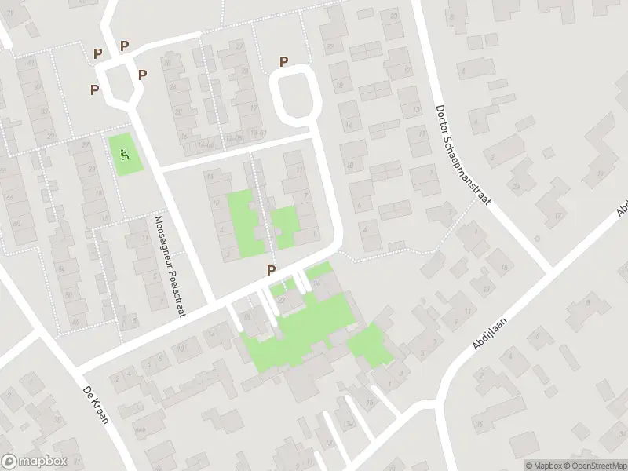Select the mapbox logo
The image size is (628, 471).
[x=35, y=462]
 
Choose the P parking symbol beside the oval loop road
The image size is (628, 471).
[x=283, y=61]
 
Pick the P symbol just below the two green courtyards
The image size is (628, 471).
[x=272, y=270]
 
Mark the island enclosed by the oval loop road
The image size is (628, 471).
[x=296, y=93]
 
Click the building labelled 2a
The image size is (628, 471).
[x=516, y=186]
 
